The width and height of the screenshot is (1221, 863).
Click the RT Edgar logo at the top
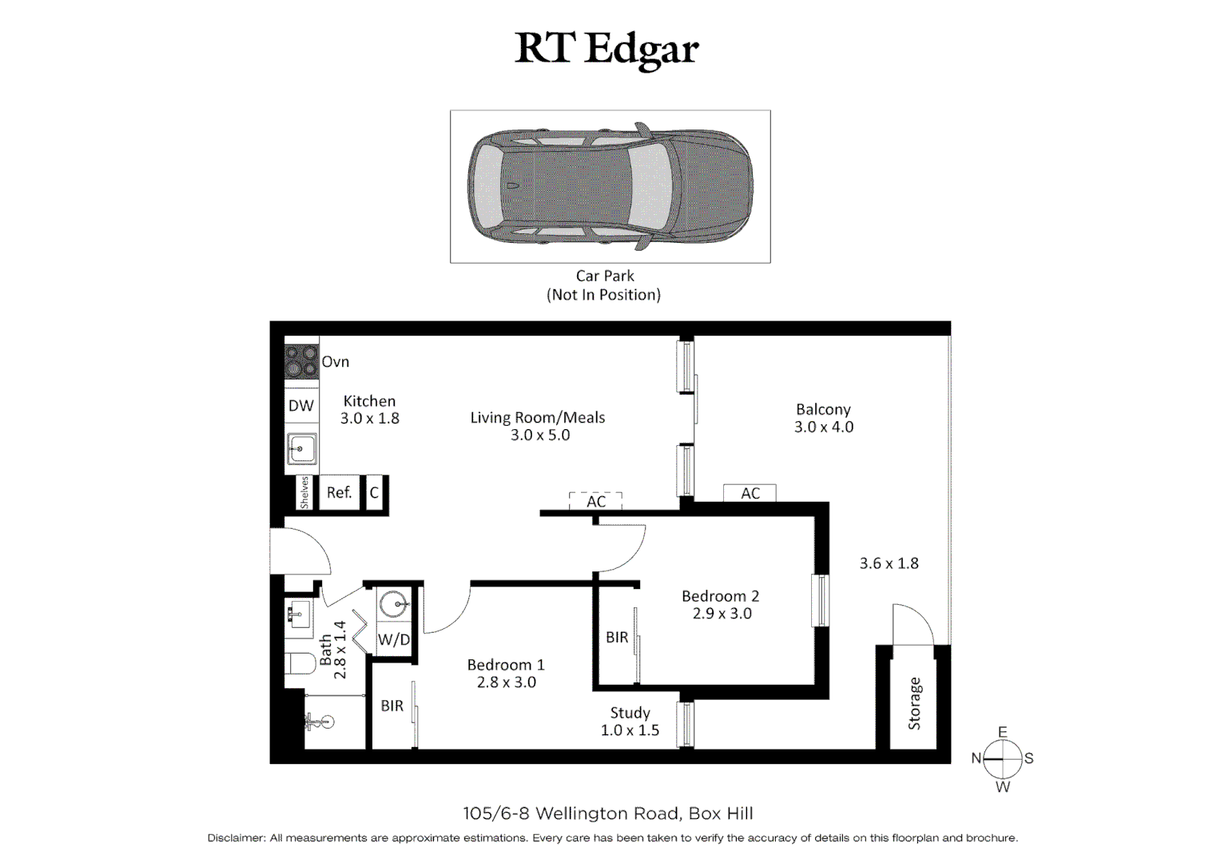click(x=607, y=49)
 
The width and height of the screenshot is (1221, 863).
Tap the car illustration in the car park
click(x=610, y=185)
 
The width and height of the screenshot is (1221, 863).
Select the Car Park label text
click(x=605, y=276)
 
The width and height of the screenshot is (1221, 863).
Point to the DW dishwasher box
click(x=301, y=406)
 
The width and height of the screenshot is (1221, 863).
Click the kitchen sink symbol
click(x=302, y=448)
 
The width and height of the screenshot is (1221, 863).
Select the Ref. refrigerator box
click(x=340, y=493)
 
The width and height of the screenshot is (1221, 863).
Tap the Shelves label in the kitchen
click(x=304, y=493)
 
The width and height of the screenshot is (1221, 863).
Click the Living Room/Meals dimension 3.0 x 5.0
click(x=540, y=435)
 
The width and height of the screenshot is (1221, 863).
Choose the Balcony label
click(x=823, y=409)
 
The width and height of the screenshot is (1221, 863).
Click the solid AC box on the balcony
click(x=750, y=493)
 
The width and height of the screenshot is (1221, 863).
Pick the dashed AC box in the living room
click(x=595, y=501)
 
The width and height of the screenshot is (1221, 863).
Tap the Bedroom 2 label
click(x=720, y=596)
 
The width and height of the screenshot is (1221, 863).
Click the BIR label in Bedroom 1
click(x=392, y=706)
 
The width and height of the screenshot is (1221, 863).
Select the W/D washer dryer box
click(x=393, y=639)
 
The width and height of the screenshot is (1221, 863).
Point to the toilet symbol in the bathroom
click(x=300, y=664)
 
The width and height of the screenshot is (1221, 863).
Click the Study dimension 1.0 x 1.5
click(x=630, y=730)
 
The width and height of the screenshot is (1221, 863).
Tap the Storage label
click(x=914, y=703)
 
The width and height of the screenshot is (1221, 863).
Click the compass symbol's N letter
click(x=976, y=758)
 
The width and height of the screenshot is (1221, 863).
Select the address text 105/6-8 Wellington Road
click(x=571, y=813)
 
